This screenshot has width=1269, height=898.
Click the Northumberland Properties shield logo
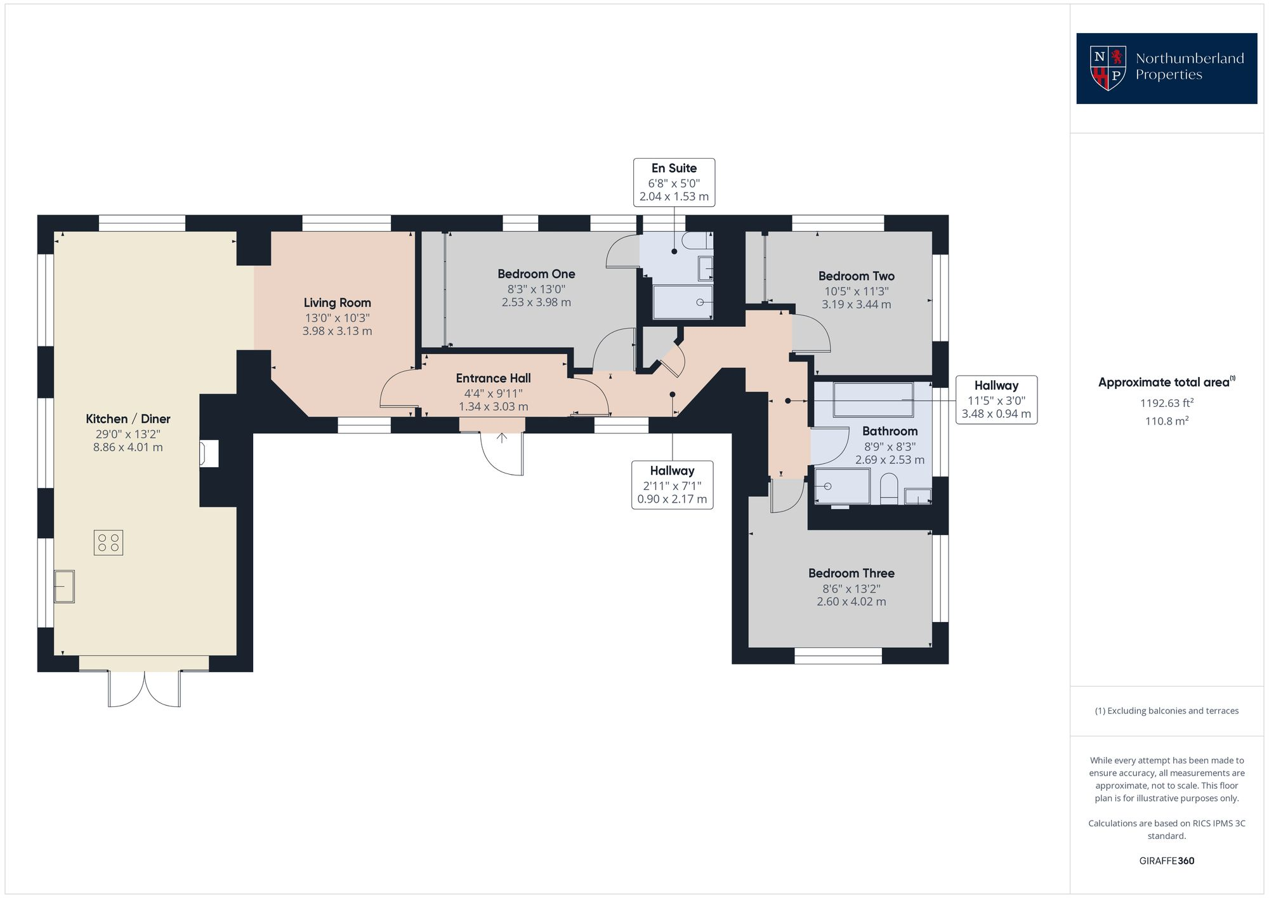1108,68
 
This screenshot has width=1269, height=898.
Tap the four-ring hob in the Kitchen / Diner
108,543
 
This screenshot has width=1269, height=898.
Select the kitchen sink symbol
64,586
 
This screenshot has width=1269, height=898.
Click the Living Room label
337,303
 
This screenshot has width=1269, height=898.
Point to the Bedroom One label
536,274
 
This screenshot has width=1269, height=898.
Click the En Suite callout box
674,182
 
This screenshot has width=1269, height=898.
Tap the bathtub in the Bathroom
873,400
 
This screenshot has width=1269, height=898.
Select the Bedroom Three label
851,573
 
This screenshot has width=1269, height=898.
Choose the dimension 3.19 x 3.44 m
856,305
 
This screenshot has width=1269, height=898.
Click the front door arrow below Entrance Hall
502,438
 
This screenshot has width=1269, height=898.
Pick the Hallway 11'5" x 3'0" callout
996,399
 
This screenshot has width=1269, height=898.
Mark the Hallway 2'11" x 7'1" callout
672,485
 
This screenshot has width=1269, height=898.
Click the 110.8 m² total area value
1166,421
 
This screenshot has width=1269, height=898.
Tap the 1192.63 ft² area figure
1166,403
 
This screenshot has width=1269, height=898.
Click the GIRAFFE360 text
1166,861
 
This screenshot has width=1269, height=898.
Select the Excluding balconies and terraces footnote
1166,711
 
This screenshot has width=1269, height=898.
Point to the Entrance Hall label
493,378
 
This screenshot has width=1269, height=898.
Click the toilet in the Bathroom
890,489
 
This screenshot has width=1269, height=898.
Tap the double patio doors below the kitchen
144,689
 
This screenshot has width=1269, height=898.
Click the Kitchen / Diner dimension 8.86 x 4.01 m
128,447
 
